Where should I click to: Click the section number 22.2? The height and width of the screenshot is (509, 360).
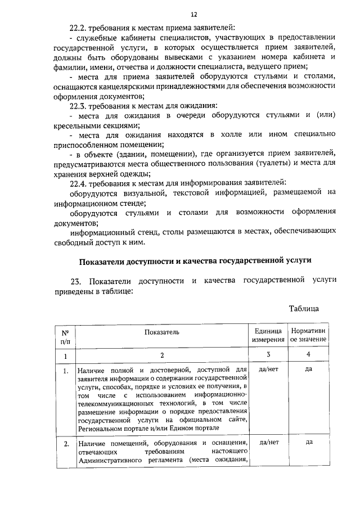(79, 27)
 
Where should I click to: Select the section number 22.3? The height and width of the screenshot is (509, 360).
(79, 105)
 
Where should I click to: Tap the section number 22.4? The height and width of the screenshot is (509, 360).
(79, 183)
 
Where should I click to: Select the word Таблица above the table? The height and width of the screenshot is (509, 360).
(304, 309)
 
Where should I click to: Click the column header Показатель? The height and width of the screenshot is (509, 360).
(161, 332)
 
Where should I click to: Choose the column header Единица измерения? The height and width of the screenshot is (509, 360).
(268, 336)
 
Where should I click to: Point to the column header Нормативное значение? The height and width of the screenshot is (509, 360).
(308, 336)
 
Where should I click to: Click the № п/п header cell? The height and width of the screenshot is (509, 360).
(65, 336)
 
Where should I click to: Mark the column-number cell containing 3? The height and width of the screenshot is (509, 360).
(268, 355)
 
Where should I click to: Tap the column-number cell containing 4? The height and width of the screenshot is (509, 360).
(308, 355)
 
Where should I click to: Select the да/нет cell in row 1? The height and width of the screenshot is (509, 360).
(268, 370)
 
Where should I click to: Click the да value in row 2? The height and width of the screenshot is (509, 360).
(308, 442)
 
